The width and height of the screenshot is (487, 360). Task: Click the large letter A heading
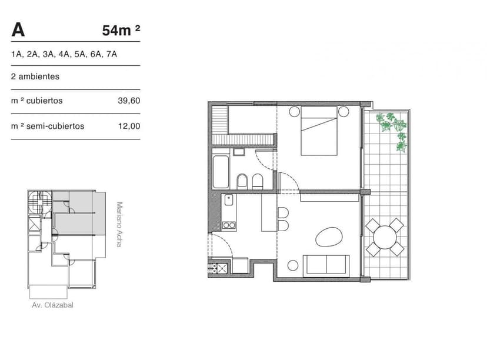click(x=18, y=29)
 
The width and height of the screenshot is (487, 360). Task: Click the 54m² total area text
click(x=121, y=31)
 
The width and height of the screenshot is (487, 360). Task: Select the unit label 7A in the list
click(x=112, y=54)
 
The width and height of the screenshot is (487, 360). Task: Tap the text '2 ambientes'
click(x=35, y=76)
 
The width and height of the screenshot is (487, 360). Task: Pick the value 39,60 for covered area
click(x=129, y=101)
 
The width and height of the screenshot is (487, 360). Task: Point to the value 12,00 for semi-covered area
click(x=129, y=126)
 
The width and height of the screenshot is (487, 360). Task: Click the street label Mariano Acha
click(x=119, y=224)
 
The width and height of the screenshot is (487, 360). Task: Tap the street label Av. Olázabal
click(x=53, y=305)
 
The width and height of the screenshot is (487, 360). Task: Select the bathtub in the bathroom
click(x=222, y=171)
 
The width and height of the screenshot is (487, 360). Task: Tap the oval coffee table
click(x=328, y=236)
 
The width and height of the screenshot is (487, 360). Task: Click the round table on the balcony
click(x=385, y=238)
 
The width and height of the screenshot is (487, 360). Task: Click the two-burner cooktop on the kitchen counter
click(x=229, y=224)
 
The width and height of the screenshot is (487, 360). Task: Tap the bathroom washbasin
click(x=238, y=152)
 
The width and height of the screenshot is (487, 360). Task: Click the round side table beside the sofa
click(x=292, y=265)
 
